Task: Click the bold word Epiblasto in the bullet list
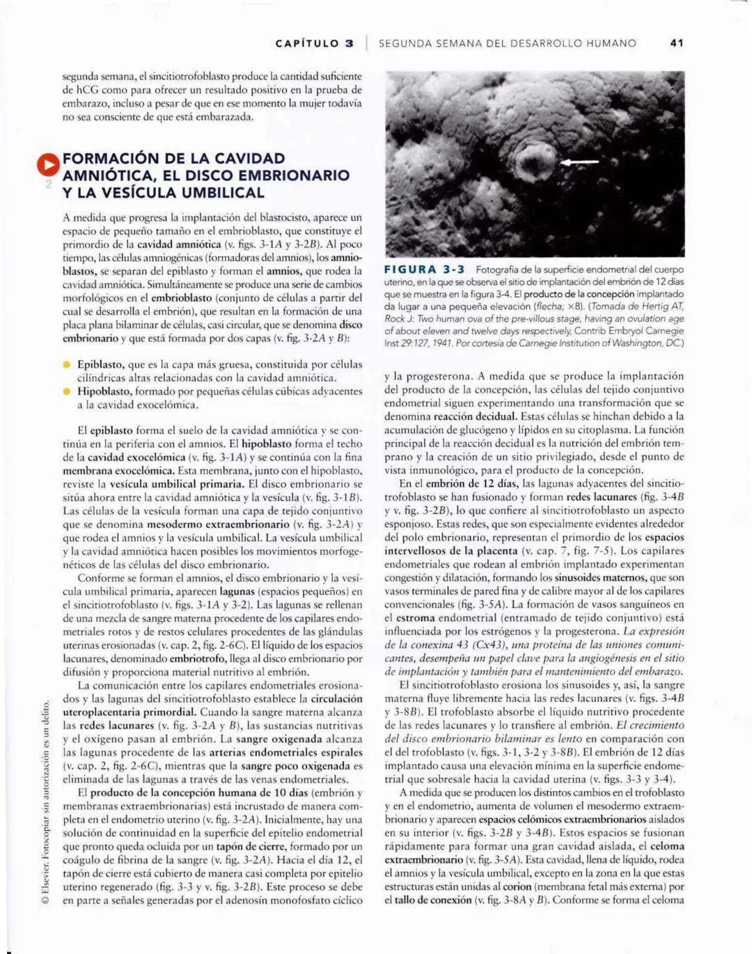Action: click(x=100, y=364)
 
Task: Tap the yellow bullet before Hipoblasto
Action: click(x=68, y=391)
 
